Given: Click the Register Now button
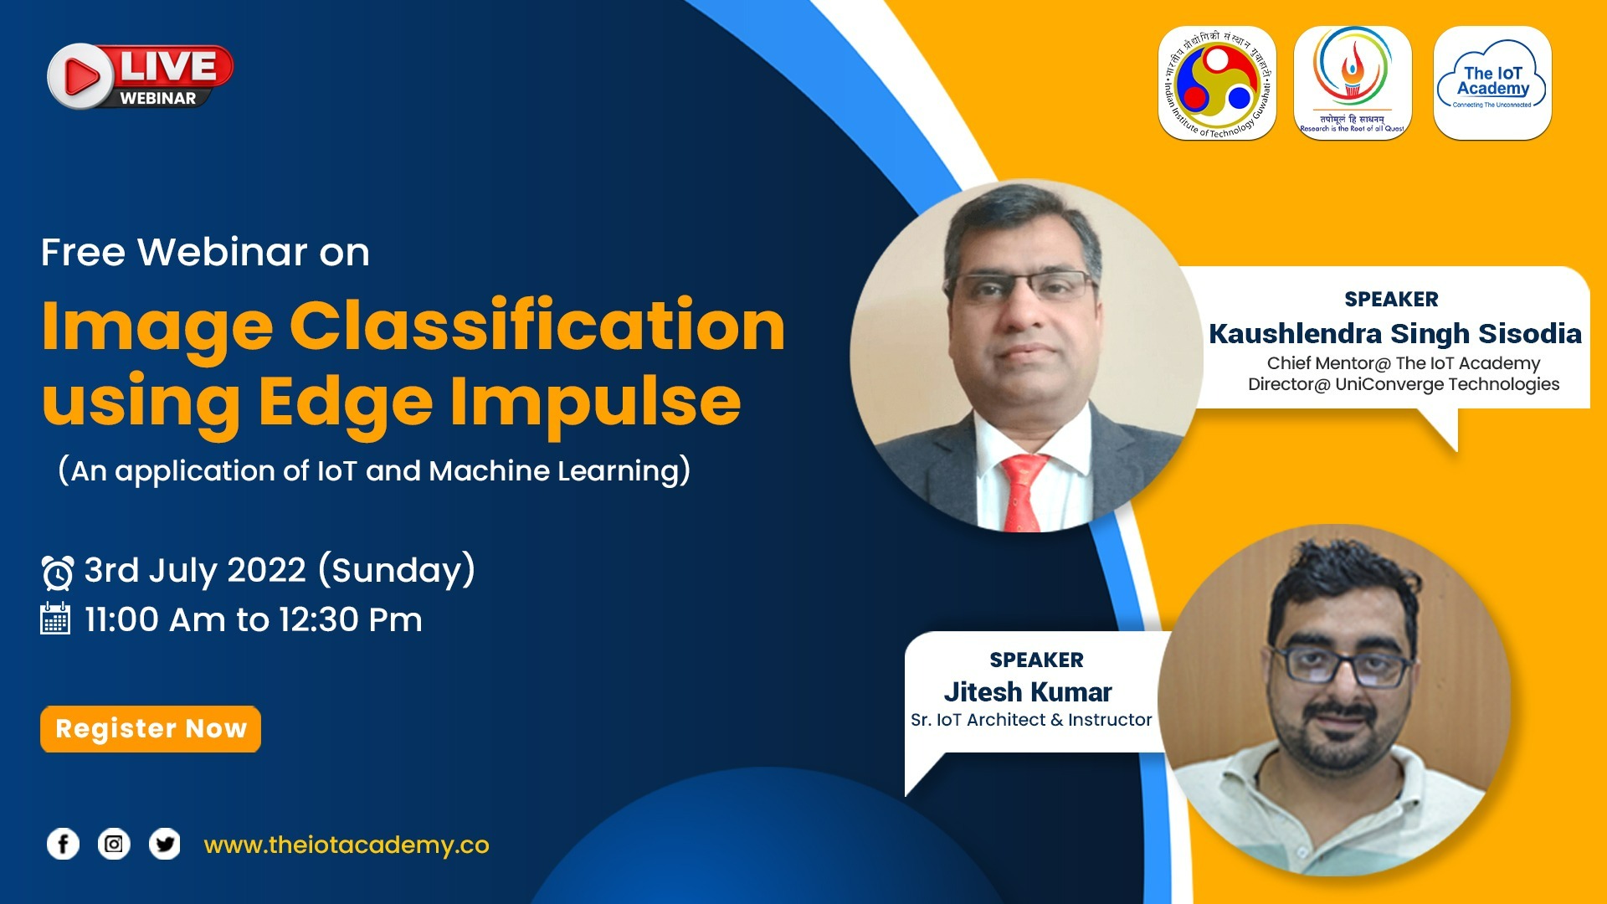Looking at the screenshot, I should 151,729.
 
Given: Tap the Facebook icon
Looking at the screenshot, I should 63,844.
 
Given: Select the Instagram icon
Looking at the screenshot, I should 114,844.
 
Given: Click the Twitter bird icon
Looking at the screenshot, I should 165,844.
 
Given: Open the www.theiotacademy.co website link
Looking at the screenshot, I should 347,845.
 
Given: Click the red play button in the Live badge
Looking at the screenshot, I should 80,77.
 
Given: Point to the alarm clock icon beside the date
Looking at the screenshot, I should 58,573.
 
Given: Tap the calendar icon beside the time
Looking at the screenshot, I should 55,619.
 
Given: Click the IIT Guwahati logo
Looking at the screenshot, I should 1217,84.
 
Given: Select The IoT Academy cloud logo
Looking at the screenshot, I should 1492,84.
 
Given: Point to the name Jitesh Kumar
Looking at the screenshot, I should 1028,692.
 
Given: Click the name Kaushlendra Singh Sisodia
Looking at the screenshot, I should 1395,333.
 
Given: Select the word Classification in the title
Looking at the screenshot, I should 537,326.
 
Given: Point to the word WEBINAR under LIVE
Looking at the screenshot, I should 157,98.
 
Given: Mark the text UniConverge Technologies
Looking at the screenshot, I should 1447,384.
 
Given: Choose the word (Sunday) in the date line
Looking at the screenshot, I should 397,571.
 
